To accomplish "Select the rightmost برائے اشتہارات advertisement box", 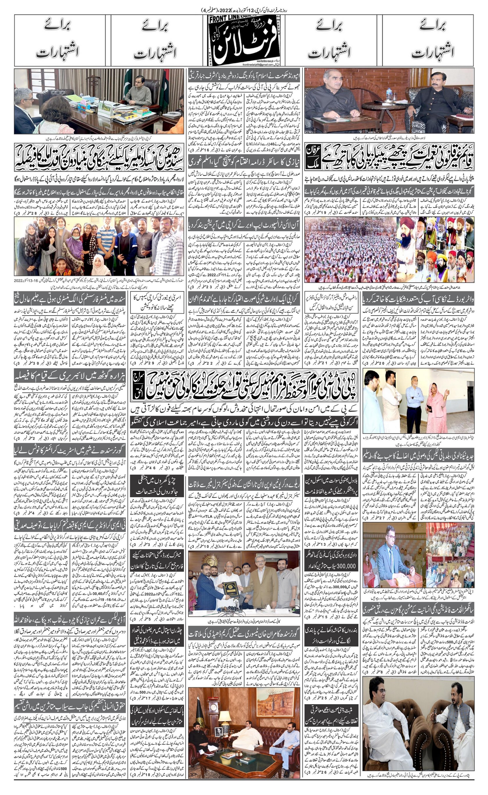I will click(428, 41).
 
